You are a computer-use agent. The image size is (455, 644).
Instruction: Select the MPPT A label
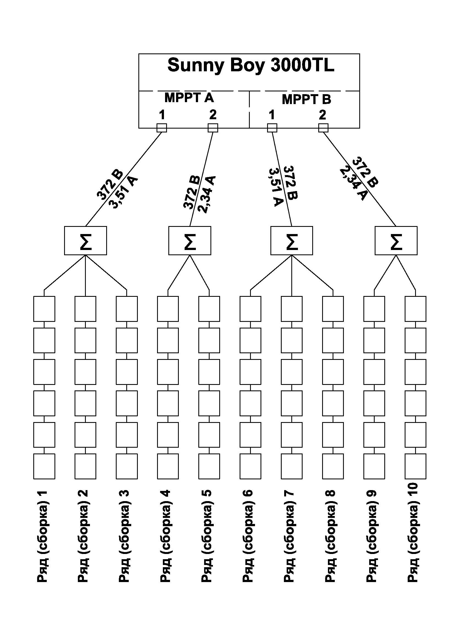[x=189, y=98]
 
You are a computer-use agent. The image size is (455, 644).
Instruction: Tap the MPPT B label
[x=306, y=99]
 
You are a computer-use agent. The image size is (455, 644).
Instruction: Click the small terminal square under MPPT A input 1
[x=162, y=128]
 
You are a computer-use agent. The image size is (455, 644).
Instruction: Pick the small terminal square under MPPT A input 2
[x=213, y=128]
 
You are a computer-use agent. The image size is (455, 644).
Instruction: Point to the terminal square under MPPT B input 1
[x=272, y=128]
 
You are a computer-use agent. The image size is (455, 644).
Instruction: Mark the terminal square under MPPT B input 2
[x=323, y=128]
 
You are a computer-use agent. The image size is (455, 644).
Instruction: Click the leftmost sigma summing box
[x=86, y=241]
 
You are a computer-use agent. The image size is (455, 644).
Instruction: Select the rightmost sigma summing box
[x=396, y=241]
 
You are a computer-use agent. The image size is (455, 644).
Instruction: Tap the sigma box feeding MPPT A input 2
[x=190, y=241]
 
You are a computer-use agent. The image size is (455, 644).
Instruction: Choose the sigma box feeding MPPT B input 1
[x=292, y=241]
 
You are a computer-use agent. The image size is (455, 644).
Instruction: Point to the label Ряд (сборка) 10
[x=413, y=533]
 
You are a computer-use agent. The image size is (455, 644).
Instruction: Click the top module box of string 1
[x=44, y=309]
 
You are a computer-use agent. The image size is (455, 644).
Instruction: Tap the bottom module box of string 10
[x=415, y=466]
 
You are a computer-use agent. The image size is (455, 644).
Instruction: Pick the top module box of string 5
[x=209, y=309]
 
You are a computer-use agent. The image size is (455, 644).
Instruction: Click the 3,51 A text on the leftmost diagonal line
[x=124, y=193]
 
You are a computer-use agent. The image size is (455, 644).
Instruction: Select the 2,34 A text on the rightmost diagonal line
[x=353, y=184]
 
